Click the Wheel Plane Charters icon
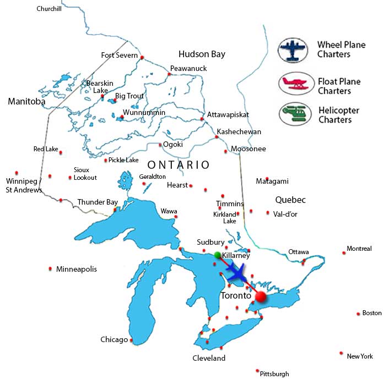click(292, 49)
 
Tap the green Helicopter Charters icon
click(292, 114)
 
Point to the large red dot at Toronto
click(261, 297)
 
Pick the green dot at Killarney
click(218, 255)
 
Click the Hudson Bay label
click(202, 54)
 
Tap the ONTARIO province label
click(179, 165)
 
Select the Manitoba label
click(26, 101)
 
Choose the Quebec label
click(291, 200)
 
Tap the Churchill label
click(49, 9)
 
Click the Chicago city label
click(114, 339)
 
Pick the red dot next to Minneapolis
click(51, 269)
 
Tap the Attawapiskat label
click(228, 114)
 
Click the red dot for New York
click(342, 353)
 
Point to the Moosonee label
click(248, 149)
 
